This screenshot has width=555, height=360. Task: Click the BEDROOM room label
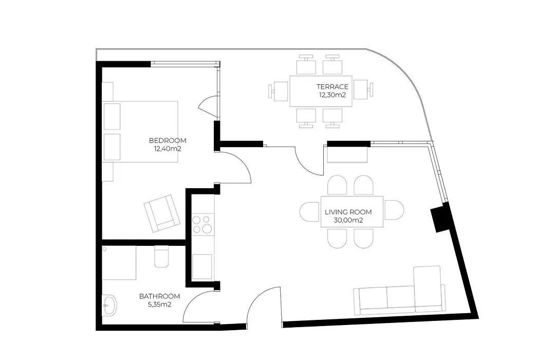pos(168,141)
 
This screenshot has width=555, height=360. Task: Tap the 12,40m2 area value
pos(168,149)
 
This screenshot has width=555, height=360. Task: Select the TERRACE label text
pos(332,86)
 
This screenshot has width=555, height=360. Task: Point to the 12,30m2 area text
pos(332,95)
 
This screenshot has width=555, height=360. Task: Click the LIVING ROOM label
pos(348,212)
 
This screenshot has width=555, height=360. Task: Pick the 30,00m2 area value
pos(348,221)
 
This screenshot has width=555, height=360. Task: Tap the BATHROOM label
pos(159,296)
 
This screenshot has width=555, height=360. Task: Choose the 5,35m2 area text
pos(159,304)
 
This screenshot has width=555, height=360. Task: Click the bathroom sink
pos(109,305)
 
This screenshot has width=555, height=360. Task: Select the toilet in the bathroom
pos(162,257)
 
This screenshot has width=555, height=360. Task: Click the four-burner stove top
pos(203,224)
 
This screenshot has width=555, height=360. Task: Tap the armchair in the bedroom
pos(162,213)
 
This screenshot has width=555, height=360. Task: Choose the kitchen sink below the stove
pos(203,266)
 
